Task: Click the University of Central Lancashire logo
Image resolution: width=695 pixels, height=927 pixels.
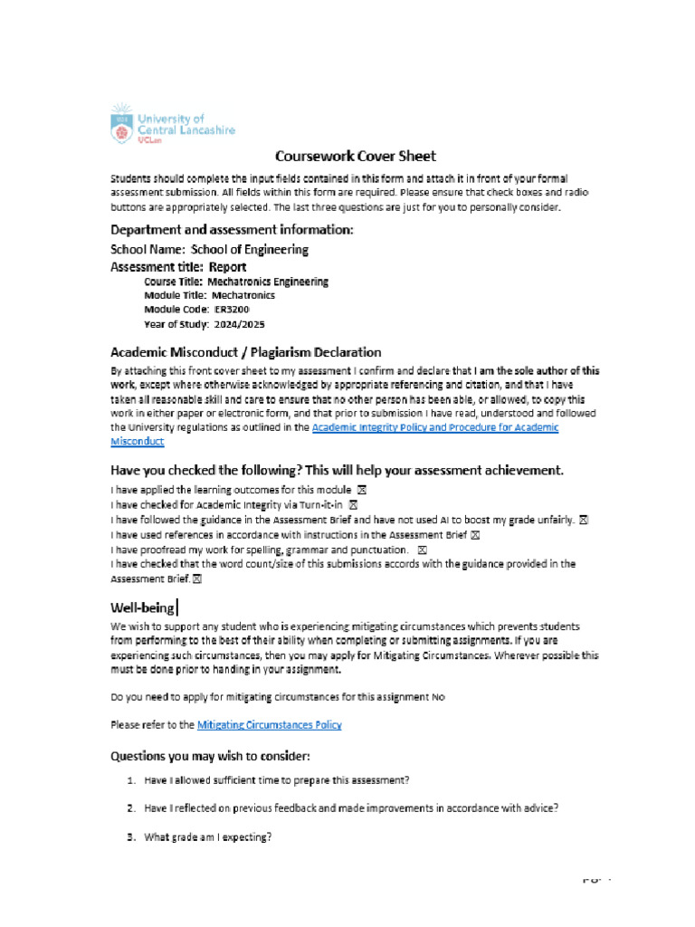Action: [x=172, y=124]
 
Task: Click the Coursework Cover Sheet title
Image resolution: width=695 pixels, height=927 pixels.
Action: [x=343, y=156]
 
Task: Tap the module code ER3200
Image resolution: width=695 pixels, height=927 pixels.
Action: [x=230, y=309]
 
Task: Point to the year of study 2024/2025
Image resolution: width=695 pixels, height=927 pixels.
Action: [x=239, y=323]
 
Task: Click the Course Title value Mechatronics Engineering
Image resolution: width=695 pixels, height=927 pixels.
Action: [x=268, y=282]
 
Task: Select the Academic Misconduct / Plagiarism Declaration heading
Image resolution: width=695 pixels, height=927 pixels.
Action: [x=245, y=351]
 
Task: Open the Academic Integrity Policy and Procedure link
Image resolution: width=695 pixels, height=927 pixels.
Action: [x=434, y=427]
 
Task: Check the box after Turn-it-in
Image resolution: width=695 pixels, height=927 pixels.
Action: [x=353, y=504]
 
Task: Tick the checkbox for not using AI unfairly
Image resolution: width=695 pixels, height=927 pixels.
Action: [x=584, y=520]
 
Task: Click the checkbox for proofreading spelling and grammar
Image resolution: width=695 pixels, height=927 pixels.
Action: [x=422, y=550]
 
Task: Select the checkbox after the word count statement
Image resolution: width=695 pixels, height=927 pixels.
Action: [x=196, y=578]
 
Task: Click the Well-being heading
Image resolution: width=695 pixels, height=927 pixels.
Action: [x=142, y=608]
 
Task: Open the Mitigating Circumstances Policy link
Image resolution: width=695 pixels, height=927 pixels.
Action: [x=269, y=724]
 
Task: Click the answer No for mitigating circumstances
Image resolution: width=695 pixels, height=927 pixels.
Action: [x=437, y=697]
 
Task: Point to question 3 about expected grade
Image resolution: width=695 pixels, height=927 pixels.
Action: [x=207, y=837]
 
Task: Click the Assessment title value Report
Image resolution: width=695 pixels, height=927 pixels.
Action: [x=227, y=267]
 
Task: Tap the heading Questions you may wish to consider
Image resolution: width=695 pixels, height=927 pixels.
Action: [x=210, y=755]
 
